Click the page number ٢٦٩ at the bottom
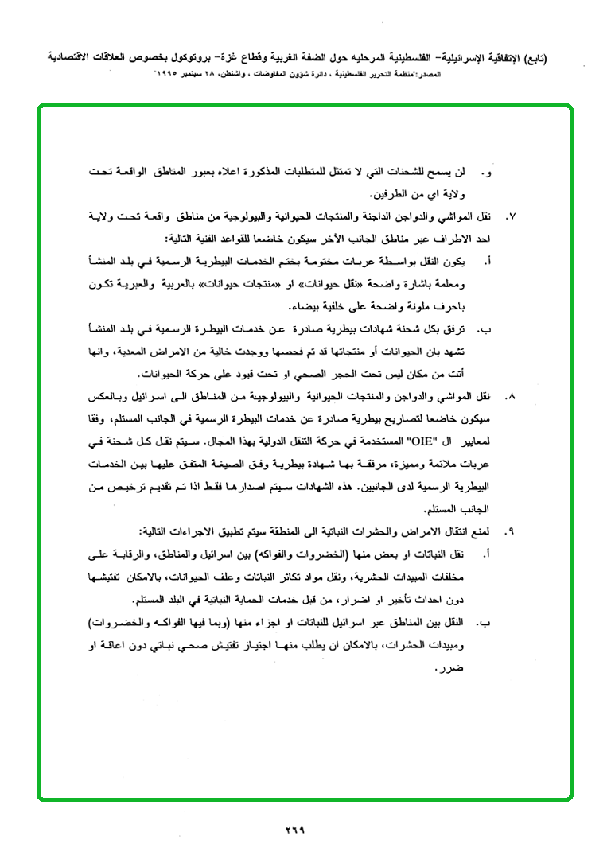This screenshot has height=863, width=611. (x=295, y=830)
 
